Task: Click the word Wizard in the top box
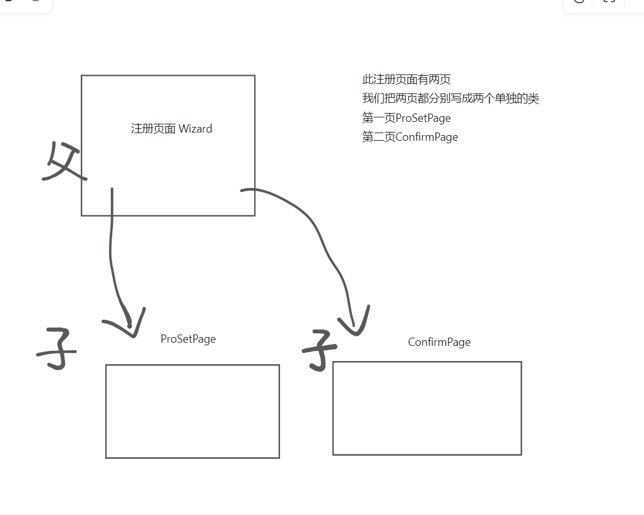(x=196, y=129)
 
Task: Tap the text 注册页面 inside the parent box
(x=153, y=129)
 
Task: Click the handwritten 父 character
(x=63, y=163)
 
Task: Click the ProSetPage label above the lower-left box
(x=188, y=339)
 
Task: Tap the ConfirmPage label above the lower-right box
(x=439, y=342)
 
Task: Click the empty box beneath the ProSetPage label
(x=192, y=411)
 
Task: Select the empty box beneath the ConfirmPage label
(x=427, y=408)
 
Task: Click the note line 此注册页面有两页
(x=406, y=80)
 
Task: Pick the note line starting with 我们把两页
(x=450, y=98)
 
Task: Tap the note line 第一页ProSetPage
(x=406, y=118)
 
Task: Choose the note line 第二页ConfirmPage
(x=410, y=137)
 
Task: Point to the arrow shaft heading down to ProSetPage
(x=111, y=252)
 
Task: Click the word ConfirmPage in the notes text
(x=426, y=137)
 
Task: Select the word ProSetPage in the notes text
(x=423, y=118)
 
